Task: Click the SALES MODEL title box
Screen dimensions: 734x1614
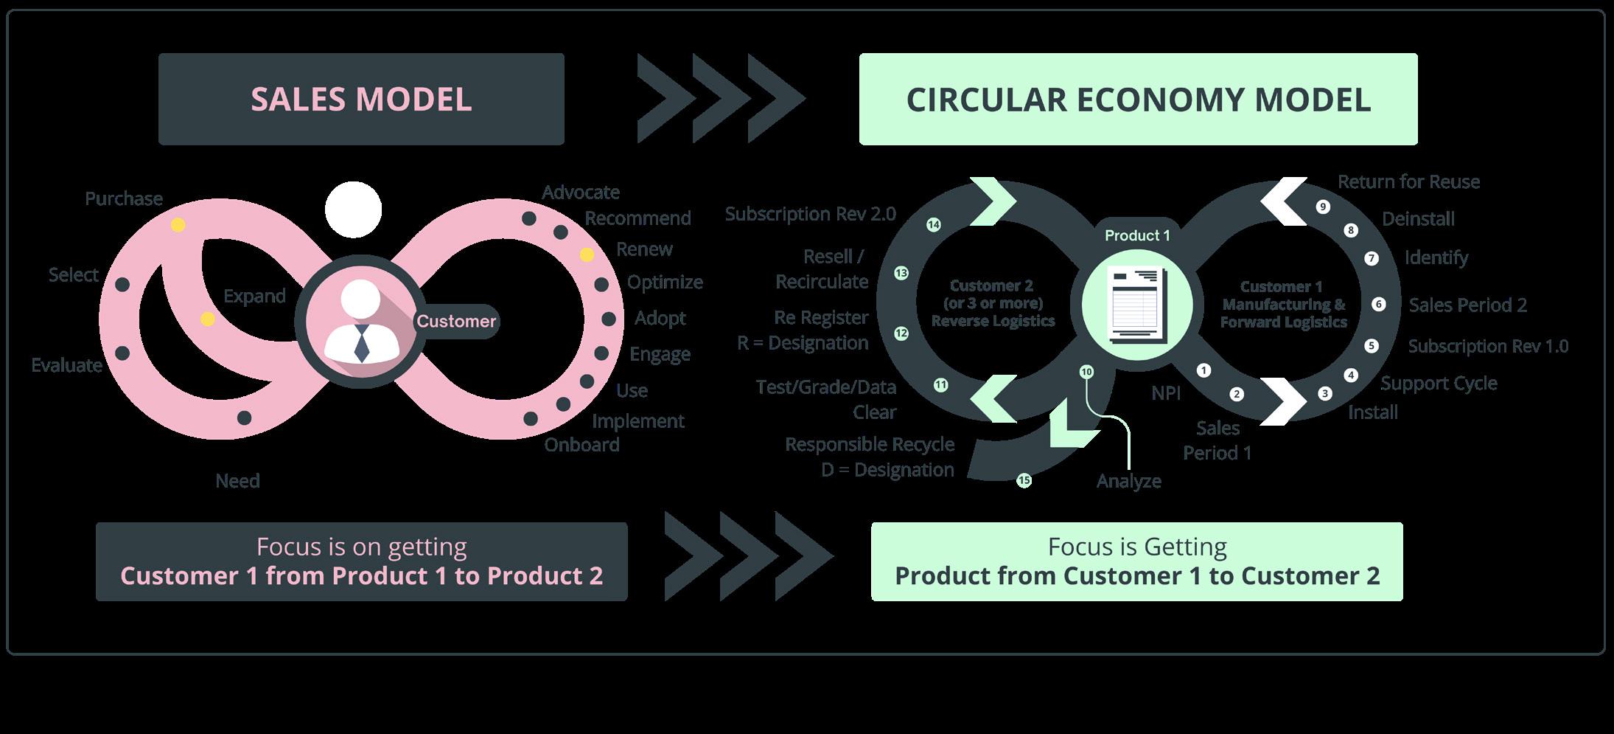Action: [361, 99]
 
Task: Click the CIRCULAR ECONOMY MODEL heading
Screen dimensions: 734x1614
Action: [1138, 99]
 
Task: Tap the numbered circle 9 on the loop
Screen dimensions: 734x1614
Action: [1323, 207]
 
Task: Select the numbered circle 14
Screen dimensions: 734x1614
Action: [934, 224]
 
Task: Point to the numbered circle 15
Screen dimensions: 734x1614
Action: [1024, 480]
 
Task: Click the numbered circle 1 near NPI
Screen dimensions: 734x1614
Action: [1203, 370]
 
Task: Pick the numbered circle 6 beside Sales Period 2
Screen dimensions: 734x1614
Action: [1378, 304]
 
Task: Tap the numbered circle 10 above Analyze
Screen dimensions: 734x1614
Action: [1086, 372]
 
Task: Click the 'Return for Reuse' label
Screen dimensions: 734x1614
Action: [1408, 181]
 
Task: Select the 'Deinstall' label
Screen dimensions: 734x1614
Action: [1418, 219]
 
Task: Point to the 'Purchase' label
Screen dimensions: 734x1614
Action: [124, 198]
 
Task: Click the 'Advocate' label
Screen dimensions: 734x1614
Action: [581, 193]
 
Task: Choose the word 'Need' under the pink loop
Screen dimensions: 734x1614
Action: [237, 481]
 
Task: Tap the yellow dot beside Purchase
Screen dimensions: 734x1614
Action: [178, 225]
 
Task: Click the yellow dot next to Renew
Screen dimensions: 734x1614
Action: [587, 255]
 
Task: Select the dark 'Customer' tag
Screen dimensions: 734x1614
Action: [456, 321]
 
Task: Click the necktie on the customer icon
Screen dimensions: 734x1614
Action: [361, 344]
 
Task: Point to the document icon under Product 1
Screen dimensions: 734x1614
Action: [1136, 304]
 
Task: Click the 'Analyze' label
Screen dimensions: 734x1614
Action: [1128, 481]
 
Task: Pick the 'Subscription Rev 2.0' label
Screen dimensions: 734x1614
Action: [810, 214]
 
